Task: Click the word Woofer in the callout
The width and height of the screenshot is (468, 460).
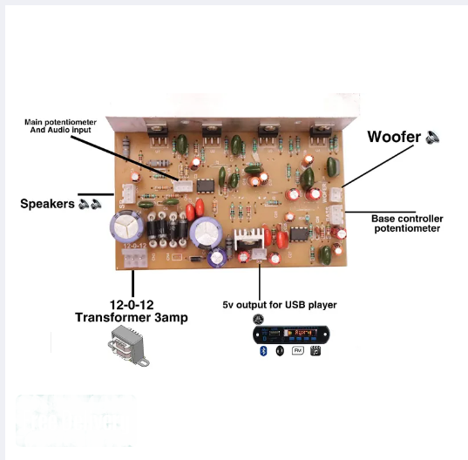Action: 394,137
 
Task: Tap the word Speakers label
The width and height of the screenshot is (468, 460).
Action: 47,204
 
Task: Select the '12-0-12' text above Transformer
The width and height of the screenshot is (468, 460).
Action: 132,305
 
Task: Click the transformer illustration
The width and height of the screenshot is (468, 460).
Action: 129,346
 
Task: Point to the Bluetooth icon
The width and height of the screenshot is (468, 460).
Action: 263,351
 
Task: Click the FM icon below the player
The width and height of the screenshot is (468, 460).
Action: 297,350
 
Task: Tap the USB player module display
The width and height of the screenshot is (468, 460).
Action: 301,332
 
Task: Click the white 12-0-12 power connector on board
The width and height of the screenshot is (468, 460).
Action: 134,258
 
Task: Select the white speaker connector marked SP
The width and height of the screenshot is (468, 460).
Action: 129,193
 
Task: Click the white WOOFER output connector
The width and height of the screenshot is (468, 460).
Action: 336,194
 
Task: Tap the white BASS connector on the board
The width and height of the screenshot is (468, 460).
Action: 336,214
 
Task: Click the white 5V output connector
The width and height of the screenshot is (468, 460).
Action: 259,254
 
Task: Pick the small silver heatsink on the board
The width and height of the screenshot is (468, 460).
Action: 248,239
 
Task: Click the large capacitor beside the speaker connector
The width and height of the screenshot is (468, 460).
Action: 125,226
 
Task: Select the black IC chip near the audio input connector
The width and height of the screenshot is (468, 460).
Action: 206,186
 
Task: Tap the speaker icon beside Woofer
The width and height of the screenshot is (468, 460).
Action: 432,138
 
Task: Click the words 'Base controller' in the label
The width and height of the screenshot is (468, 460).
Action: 407,219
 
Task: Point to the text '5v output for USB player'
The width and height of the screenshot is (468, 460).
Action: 280,305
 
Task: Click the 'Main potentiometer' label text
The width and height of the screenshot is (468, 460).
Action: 60,122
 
